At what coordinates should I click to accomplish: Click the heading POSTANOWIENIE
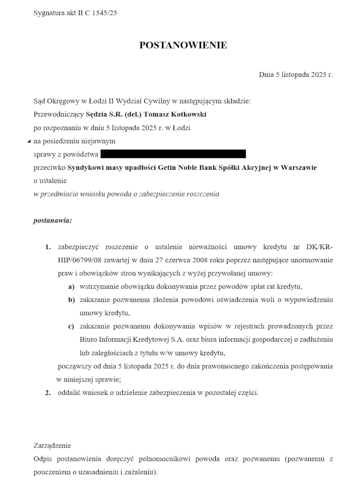click(x=183, y=45)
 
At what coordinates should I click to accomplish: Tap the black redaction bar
click(x=173, y=154)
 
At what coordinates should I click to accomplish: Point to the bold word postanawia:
click(x=52, y=220)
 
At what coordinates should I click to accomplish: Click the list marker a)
click(x=71, y=287)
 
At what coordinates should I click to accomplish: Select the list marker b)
click(x=71, y=300)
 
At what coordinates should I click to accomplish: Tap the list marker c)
click(x=71, y=326)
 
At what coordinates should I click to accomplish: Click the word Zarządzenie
click(x=52, y=445)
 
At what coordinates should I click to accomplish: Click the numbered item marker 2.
click(x=48, y=392)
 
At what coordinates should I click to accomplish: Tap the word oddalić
click(x=70, y=392)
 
